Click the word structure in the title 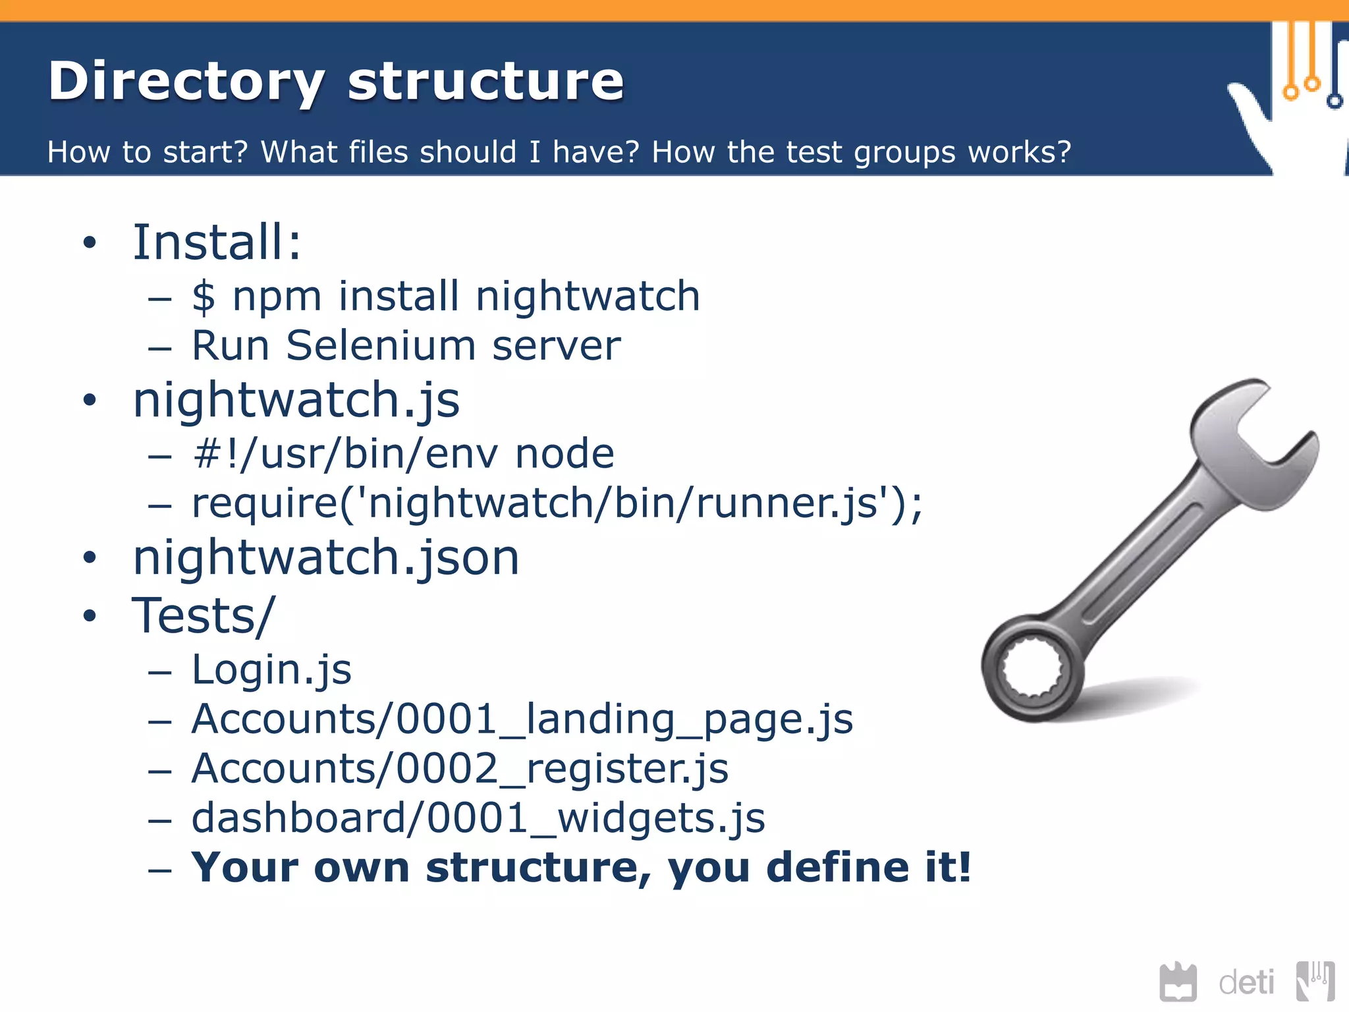(x=485, y=82)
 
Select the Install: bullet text (x=217, y=242)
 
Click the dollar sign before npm (x=204, y=296)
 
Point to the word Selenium (x=380, y=346)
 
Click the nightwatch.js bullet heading (x=296, y=401)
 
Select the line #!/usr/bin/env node (x=403, y=454)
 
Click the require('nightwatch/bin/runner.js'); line (x=557, y=504)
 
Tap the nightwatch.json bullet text (x=326, y=558)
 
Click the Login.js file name (x=271, y=670)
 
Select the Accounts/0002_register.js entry (x=460, y=769)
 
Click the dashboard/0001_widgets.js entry (x=478, y=818)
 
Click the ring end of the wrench (x=1032, y=669)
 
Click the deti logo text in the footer (x=1246, y=983)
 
